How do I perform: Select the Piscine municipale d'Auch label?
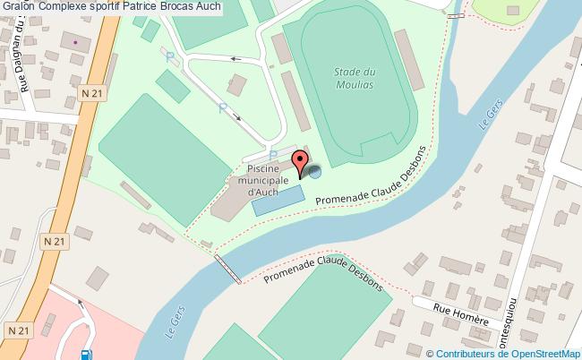261,178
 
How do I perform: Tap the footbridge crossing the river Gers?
227,269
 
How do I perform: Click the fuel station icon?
85,355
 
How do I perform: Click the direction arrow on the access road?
236,60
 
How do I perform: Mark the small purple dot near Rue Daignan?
75,41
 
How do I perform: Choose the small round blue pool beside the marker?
314,174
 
